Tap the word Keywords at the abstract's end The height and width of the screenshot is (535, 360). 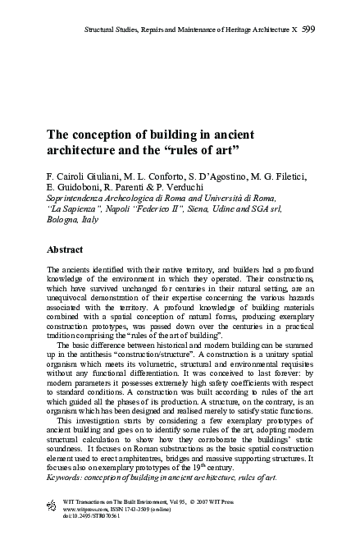(68, 477)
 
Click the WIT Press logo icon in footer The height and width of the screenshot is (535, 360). (53, 505)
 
